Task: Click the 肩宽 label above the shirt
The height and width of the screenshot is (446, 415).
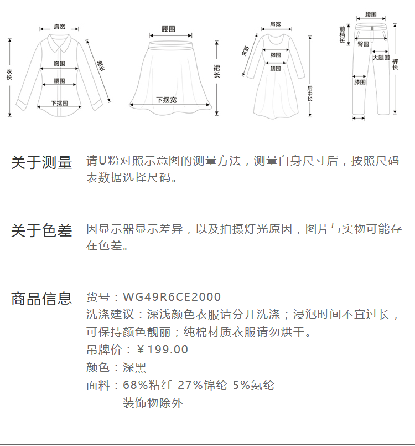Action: (x=60, y=27)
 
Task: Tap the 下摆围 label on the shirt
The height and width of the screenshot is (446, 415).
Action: (x=60, y=103)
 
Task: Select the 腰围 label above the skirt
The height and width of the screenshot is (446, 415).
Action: (x=169, y=28)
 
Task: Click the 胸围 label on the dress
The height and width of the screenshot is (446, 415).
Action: (x=276, y=55)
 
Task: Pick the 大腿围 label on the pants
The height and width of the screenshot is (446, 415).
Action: (x=381, y=58)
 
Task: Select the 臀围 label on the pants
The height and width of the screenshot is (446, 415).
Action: (x=363, y=44)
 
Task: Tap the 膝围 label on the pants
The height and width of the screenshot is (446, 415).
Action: (x=360, y=83)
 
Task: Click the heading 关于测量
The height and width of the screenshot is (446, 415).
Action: (x=41, y=163)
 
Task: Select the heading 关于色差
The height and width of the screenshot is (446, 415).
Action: (x=41, y=230)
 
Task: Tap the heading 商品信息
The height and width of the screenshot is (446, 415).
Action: (x=41, y=299)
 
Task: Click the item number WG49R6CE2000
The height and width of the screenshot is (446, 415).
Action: (x=172, y=297)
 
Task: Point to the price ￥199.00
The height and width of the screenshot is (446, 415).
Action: (x=163, y=350)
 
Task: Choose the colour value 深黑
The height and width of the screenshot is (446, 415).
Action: (x=134, y=367)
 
